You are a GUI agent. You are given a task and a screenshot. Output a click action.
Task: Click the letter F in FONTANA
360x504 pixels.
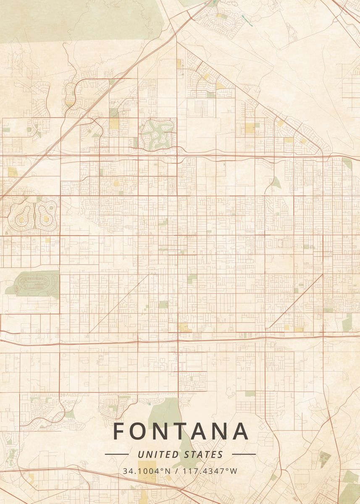click(x=119, y=431)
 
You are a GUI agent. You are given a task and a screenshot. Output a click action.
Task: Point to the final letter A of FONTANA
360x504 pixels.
click(x=239, y=431)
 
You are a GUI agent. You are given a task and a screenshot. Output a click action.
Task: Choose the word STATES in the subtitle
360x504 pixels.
click(x=204, y=454)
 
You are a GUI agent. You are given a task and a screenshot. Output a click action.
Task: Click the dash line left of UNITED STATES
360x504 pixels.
click(x=116, y=454)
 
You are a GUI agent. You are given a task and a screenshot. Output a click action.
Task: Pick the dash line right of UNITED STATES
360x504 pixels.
click(x=244, y=454)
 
